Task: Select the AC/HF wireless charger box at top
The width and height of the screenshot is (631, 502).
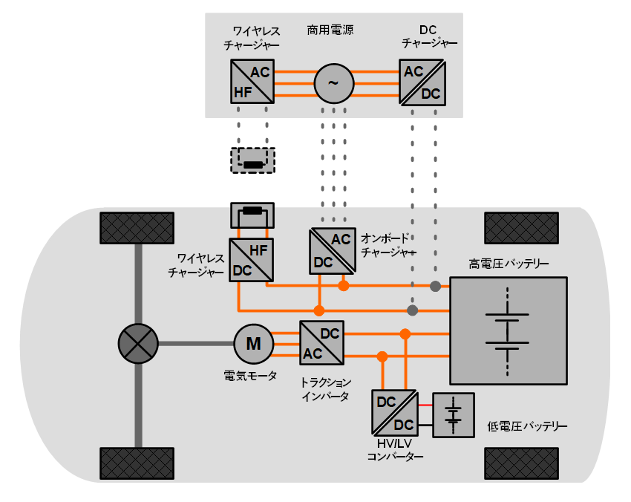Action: [252, 82]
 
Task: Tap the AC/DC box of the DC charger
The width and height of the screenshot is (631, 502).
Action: [422, 82]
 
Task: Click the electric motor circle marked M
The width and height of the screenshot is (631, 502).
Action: [254, 343]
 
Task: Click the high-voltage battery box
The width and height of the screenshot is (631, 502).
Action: [509, 330]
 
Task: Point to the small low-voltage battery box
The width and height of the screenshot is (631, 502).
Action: [453, 415]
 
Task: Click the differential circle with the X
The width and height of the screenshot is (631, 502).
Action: [138, 343]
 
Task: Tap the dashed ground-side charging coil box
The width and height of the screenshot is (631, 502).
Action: [253, 161]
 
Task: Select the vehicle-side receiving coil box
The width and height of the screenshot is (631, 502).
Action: [253, 215]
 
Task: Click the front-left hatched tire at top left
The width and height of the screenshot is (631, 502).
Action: [137, 226]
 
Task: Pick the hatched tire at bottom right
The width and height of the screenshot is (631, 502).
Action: [521, 463]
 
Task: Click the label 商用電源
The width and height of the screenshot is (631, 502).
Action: [330, 30]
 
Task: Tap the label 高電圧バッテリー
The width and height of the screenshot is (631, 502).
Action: [509, 264]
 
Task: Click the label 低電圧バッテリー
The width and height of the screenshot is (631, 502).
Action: [527, 427]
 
